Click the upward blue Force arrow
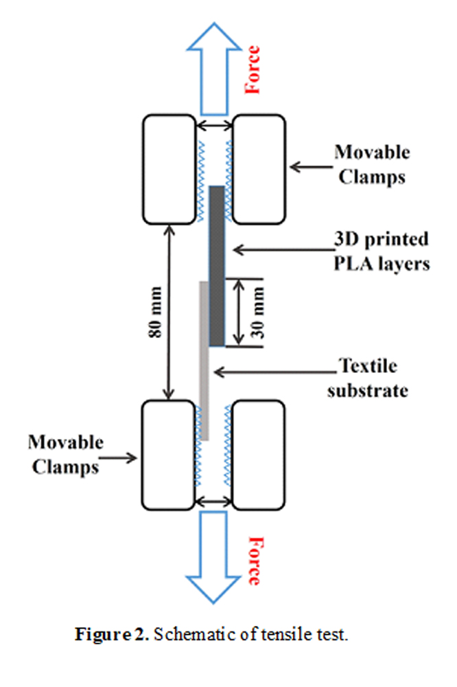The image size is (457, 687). pyautogui.click(x=214, y=72)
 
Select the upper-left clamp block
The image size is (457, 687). pyautogui.click(x=168, y=169)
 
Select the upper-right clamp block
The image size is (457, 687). pyautogui.click(x=259, y=169)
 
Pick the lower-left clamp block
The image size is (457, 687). pyautogui.click(x=168, y=453)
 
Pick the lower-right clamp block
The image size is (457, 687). pyautogui.click(x=259, y=453)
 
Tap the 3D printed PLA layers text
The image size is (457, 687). pyautogui.click(x=382, y=251)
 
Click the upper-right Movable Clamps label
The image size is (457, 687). pyautogui.click(x=371, y=165)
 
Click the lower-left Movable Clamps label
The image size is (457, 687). pyautogui.click(x=67, y=454)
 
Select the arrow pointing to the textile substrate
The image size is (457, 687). pyautogui.click(x=274, y=372)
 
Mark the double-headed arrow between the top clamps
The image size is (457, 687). pyautogui.click(x=214, y=125)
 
